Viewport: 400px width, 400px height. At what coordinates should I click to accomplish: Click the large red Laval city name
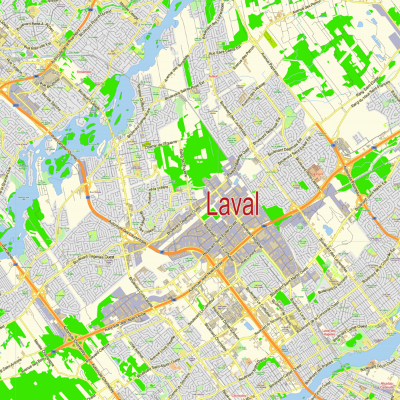[233, 203]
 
